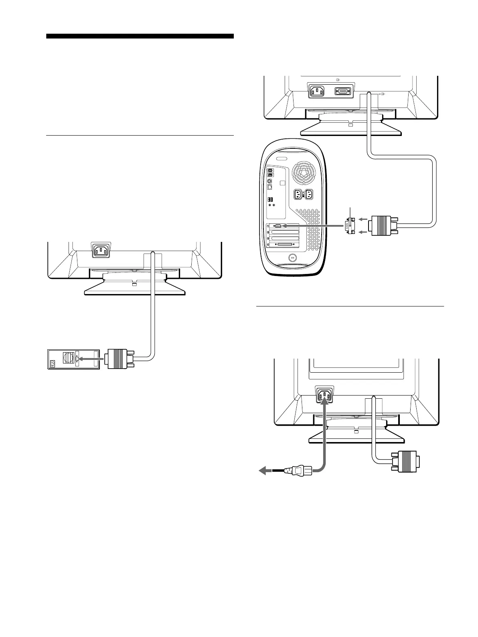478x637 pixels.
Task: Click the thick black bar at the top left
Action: tap(140, 36)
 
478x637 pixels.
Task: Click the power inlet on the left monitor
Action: tap(101, 251)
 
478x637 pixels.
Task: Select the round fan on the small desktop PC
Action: tap(68, 358)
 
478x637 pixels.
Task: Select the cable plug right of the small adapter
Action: tap(383, 226)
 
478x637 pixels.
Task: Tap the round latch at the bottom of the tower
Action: tap(292, 258)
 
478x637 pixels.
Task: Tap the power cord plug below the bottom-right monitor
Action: tap(294, 471)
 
